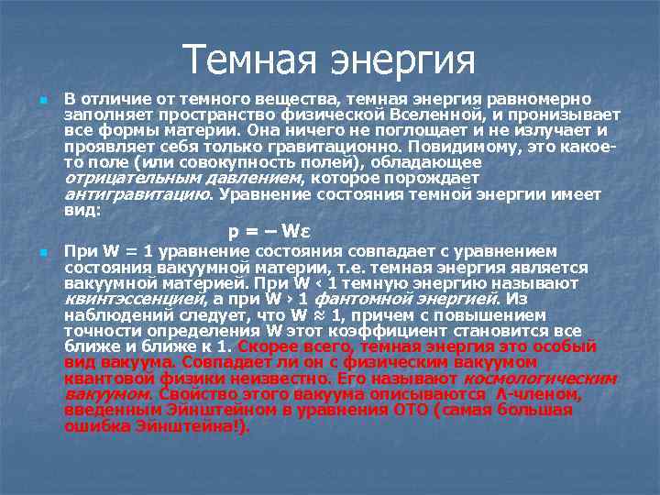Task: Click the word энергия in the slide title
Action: [x=402, y=61]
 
